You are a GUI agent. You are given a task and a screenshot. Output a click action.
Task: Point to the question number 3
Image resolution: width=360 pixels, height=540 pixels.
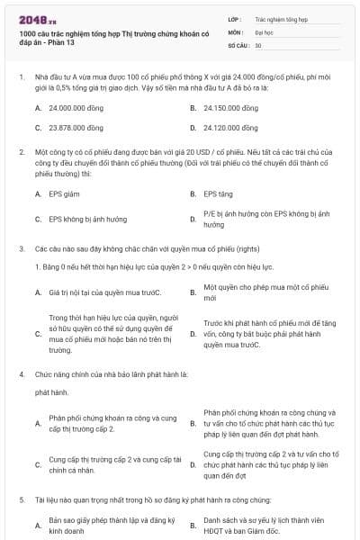point(21,248)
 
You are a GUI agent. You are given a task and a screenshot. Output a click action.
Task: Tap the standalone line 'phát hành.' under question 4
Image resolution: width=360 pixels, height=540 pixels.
point(51,392)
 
